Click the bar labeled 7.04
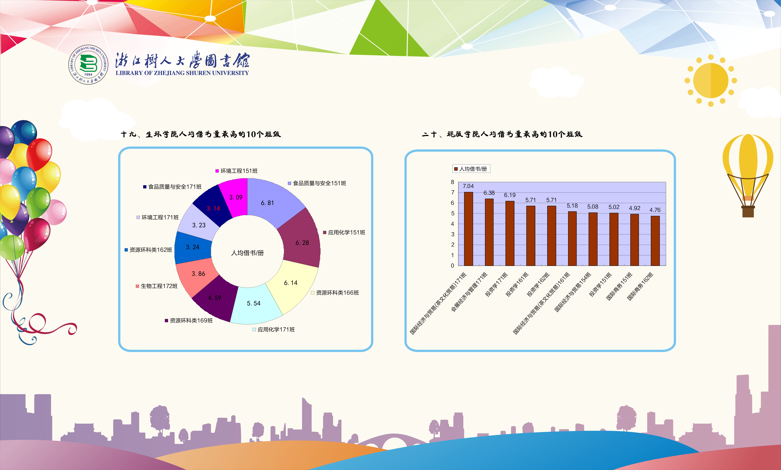click(468, 229)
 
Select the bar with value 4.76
click(655, 241)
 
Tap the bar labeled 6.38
click(489, 232)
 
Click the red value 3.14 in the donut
click(213, 208)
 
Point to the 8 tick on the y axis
click(452, 182)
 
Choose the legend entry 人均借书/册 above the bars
click(471, 169)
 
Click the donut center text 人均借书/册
click(247, 253)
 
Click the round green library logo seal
click(88, 65)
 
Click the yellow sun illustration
click(711, 81)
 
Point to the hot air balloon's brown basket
click(748, 212)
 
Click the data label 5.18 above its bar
click(572, 206)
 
